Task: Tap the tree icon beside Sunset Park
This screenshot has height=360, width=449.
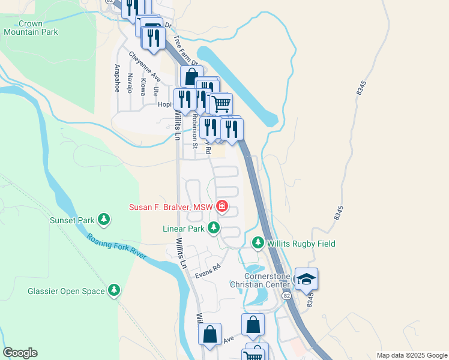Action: click(x=104, y=220)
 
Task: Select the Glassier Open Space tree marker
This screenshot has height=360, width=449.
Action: click(x=114, y=291)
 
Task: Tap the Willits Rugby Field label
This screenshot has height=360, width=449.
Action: click(x=301, y=244)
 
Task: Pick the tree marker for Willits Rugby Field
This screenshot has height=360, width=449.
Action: click(x=258, y=242)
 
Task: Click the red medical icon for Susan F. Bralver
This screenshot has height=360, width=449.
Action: click(x=222, y=207)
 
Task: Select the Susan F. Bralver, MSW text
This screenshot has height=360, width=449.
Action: click(x=171, y=208)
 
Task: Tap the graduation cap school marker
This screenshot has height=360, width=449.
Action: click(x=306, y=279)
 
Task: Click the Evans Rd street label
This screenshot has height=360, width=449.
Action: click(x=208, y=271)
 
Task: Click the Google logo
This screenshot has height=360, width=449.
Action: click(x=20, y=353)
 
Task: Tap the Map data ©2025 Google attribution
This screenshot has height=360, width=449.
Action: click(x=411, y=355)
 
